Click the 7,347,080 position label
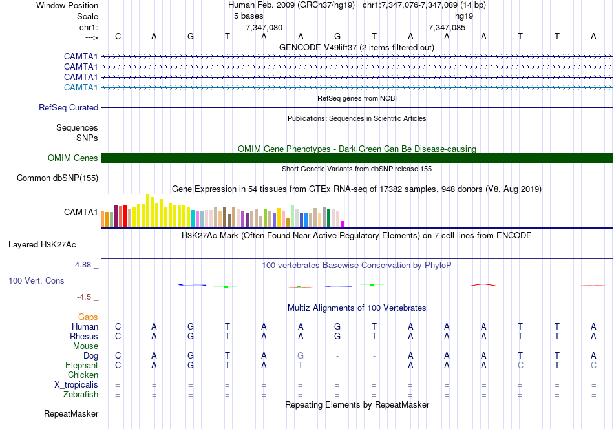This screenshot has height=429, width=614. (264, 28)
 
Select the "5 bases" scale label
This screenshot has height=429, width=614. (248, 16)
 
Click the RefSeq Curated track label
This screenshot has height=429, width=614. (69, 108)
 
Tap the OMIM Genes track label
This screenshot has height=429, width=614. (73, 158)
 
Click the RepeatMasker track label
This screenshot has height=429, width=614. (71, 413)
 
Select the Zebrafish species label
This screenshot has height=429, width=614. (80, 395)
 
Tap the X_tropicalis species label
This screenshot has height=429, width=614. (76, 385)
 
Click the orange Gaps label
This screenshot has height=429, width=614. (88, 317)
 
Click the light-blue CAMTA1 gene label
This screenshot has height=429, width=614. (81, 87)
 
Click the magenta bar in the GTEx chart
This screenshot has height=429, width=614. (343, 224)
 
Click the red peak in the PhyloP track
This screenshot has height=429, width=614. (483, 284)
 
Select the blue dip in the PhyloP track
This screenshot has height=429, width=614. (192, 284)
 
